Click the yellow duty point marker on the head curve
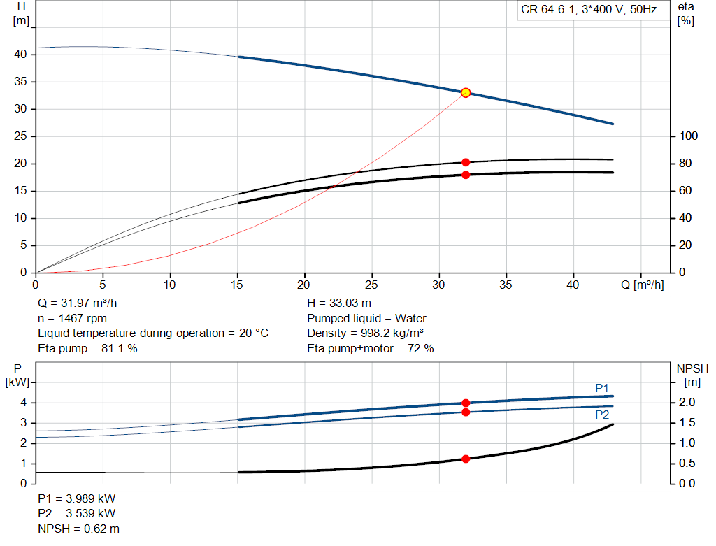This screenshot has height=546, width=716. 465,93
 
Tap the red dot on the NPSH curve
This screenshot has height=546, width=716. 465,459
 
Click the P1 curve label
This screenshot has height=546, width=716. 602,388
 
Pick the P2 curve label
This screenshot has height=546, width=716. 602,415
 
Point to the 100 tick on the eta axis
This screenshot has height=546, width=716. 688,136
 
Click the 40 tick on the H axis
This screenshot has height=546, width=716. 20,55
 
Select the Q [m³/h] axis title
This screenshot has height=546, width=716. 642,285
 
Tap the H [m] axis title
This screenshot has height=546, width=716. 21,14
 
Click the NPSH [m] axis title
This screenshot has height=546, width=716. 692,375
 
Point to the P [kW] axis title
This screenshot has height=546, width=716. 17,375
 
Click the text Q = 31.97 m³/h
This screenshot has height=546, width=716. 77,303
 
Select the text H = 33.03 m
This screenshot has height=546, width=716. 339,303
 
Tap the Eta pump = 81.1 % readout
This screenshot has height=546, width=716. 87,348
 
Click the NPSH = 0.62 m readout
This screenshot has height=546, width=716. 78,529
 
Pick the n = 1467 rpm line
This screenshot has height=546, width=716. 72,318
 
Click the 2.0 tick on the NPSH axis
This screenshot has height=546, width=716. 687,402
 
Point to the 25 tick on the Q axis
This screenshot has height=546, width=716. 371,285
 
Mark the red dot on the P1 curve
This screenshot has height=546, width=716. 465,403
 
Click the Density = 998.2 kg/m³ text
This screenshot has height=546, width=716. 365,333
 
